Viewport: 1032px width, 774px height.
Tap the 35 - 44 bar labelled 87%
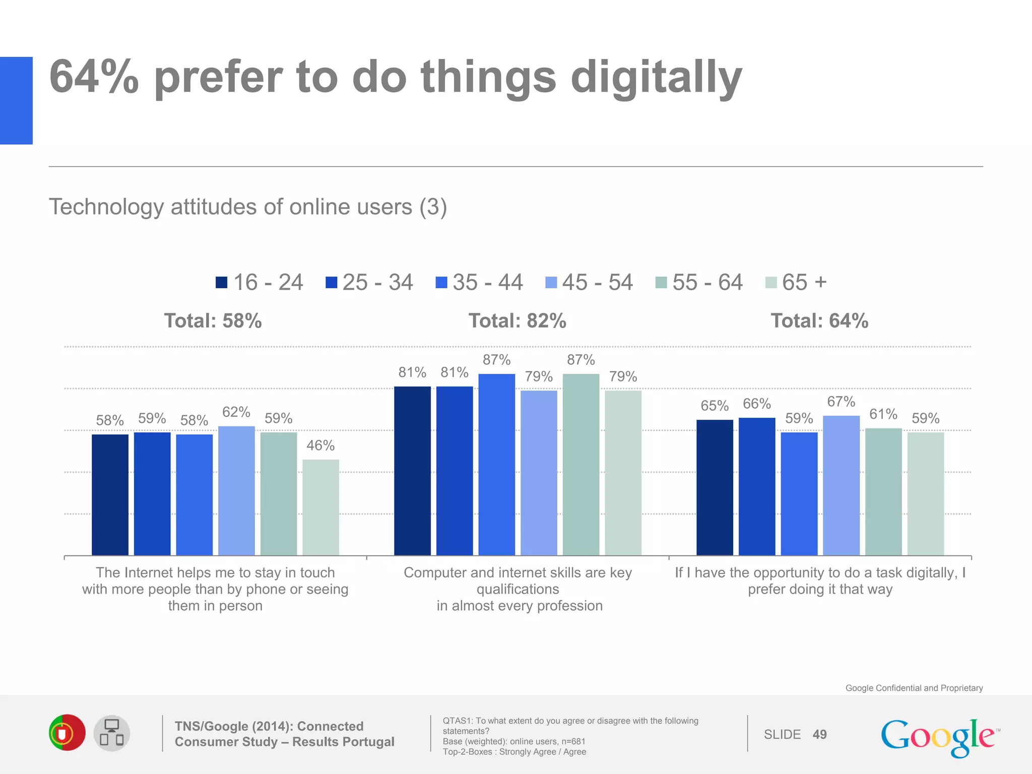tap(496, 464)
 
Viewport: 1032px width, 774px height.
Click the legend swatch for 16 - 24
tap(221, 282)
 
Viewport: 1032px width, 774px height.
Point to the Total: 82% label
tap(517, 321)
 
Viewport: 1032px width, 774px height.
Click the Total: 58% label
tap(213, 321)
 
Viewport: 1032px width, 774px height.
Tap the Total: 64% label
tap(819, 321)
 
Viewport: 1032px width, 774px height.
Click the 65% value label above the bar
tap(714, 406)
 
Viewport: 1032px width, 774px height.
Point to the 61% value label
tap(883, 414)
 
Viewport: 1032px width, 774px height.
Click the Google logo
tap(939, 736)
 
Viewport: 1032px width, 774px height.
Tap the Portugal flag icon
tap(67, 733)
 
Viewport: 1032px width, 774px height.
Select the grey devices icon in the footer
tap(112, 733)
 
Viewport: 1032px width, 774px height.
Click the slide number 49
tap(819, 735)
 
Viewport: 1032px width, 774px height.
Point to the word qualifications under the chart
tap(518, 589)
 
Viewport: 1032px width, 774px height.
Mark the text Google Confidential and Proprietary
tap(914, 688)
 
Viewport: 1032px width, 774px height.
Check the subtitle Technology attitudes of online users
tap(247, 207)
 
